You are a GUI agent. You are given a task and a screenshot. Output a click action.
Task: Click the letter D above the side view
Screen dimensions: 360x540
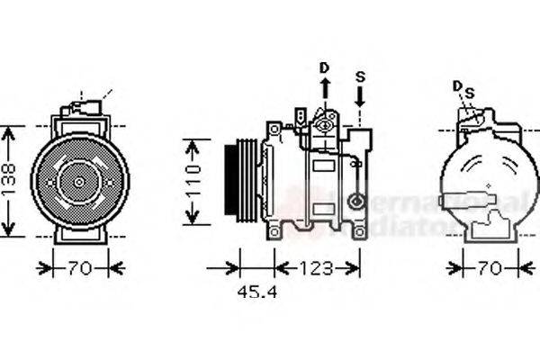click(325, 68)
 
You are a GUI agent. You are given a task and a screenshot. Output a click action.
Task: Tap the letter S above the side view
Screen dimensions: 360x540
click(360, 76)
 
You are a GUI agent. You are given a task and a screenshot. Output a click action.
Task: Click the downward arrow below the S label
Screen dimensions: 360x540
click(360, 106)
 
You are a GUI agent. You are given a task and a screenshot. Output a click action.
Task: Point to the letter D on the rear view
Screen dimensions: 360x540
click(457, 86)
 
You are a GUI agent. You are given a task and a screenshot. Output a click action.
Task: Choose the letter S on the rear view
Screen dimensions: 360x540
click(468, 92)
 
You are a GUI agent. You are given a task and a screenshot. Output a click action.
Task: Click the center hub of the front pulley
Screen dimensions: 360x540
click(79, 182)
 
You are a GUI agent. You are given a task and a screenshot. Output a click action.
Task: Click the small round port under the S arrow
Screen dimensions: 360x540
click(357, 202)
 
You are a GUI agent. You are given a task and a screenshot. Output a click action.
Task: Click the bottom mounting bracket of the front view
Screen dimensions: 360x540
click(80, 234)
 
